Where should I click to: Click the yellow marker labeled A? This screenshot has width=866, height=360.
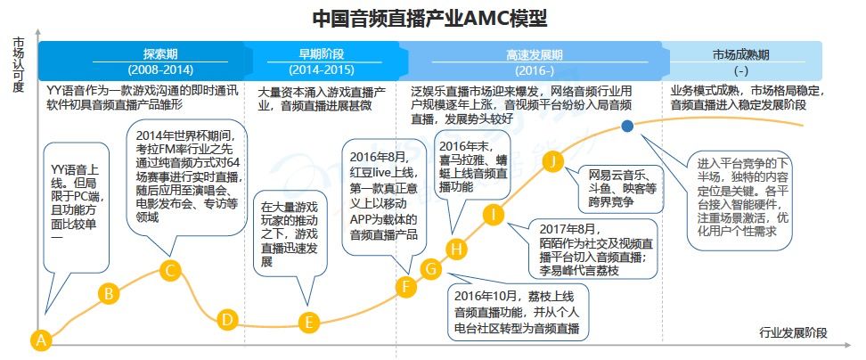click(39, 340)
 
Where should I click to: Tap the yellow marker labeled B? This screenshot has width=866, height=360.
click(109, 293)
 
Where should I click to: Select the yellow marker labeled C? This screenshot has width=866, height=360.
click(172, 270)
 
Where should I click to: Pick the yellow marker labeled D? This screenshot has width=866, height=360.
click(227, 319)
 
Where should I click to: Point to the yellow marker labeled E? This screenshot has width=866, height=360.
click(309, 323)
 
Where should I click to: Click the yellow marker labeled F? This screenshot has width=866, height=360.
click(406, 286)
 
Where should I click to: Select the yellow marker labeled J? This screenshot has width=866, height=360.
click(553, 160)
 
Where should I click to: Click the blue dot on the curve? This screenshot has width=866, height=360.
click(628, 127)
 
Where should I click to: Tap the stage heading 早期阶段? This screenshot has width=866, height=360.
click(309, 53)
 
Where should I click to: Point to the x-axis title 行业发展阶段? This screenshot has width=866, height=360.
click(793, 333)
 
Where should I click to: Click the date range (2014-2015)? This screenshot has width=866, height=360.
click(309, 70)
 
